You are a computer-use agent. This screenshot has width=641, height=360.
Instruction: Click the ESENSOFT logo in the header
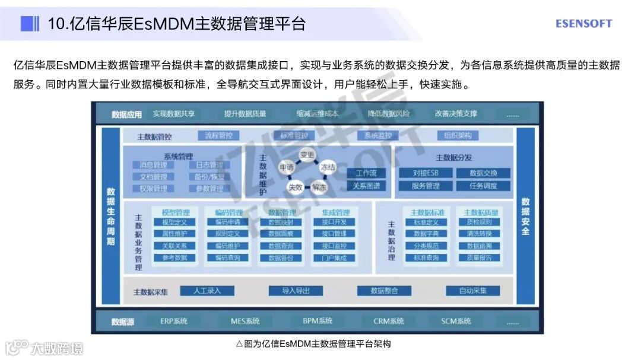click(583, 24)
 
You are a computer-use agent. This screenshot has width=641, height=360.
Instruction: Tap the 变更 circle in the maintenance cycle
click(307, 155)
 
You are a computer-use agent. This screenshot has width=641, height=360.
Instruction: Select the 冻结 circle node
click(328, 168)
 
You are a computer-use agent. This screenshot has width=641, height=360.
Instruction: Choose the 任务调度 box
click(483, 186)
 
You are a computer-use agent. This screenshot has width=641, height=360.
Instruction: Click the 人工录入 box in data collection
click(207, 291)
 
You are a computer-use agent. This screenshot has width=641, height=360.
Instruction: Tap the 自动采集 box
click(472, 291)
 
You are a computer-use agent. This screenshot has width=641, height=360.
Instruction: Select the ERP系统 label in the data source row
click(174, 321)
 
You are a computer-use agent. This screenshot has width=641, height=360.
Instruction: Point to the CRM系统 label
click(389, 321)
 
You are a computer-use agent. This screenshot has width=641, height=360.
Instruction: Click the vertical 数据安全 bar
click(525, 216)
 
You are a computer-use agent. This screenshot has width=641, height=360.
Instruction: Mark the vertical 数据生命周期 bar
click(111, 216)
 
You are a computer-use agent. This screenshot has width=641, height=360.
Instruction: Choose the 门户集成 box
click(334, 258)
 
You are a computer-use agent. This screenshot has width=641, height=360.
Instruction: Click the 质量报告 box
click(480, 258)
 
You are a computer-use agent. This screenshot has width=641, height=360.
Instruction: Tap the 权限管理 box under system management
click(153, 189)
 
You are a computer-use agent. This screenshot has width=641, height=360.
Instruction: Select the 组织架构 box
click(458, 135)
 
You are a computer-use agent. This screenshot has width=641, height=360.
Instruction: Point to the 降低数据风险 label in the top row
click(389, 113)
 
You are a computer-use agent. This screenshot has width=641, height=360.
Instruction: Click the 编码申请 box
click(227, 222)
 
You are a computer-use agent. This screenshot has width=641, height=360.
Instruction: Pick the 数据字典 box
click(426, 234)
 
